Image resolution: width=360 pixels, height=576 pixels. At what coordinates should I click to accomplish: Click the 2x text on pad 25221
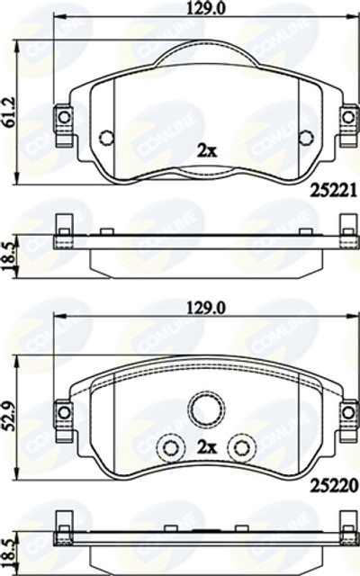pyautogui.click(x=205, y=150)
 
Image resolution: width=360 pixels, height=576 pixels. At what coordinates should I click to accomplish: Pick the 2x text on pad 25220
pyautogui.click(x=206, y=445)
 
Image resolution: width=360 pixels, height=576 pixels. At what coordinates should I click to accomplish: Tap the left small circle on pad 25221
pyautogui.click(x=106, y=138)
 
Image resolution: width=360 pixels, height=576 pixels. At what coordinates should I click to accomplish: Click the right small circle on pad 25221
pyautogui.click(x=305, y=138)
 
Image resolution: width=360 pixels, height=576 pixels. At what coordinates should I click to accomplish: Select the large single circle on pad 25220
pyautogui.click(x=205, y=409)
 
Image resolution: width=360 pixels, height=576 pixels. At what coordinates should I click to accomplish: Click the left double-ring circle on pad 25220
pyautogui.click(x=168, y=446)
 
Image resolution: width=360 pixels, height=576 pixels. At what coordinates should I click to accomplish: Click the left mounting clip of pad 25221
pyautogui.click(x=63, y=117)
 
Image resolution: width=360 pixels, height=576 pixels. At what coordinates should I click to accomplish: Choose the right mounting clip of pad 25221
pyautogui.click(x=347, y=117)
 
